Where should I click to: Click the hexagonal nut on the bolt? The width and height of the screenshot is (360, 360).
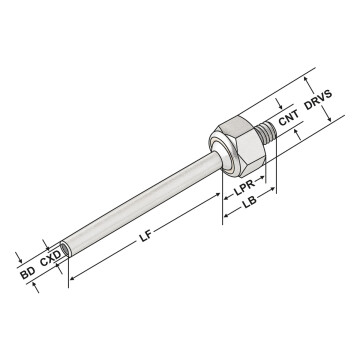241,145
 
